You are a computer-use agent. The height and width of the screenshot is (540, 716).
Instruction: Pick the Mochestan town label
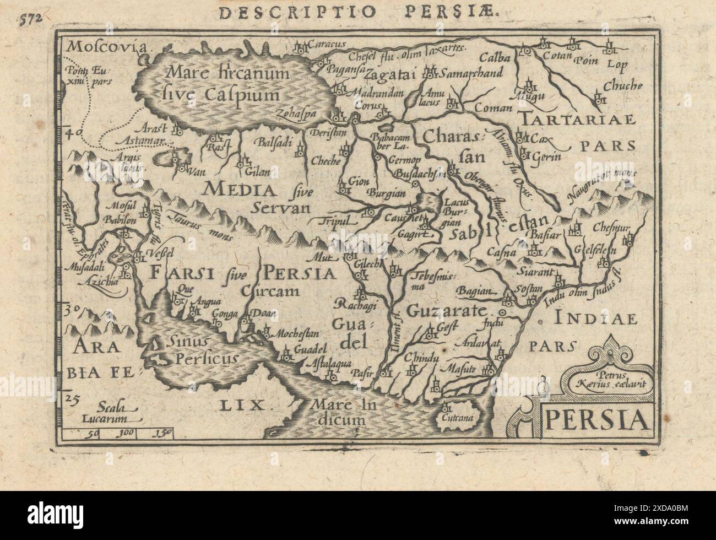[296, 334]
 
